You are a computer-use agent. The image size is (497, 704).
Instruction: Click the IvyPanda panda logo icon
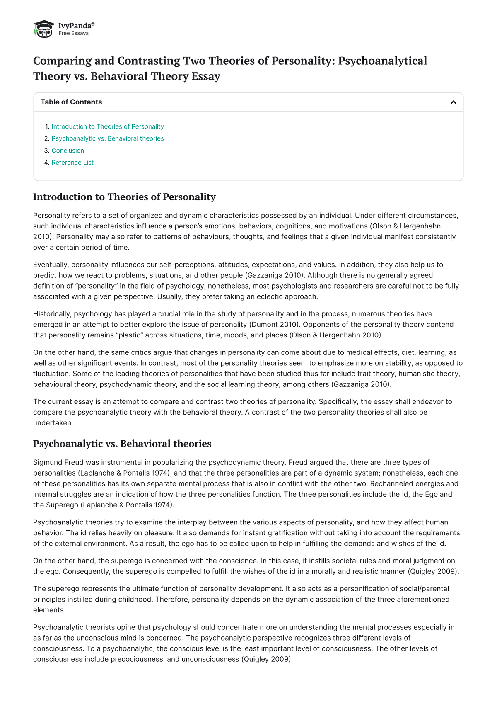coord(44,29)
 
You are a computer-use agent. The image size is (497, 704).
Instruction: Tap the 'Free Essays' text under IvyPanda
coord(73,33)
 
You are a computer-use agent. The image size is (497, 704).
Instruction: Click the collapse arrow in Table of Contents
coord(453,102)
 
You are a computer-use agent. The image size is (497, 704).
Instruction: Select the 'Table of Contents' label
coord(71,102)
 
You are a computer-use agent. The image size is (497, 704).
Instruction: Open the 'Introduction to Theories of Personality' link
coord(108,126)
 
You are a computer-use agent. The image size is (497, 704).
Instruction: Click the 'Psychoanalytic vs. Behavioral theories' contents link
coord(108,138)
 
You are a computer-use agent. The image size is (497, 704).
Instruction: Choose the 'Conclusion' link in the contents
coord(68,151)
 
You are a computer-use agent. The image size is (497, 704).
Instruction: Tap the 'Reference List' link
coord(72,163)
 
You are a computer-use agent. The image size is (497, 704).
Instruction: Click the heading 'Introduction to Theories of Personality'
coord(124,197)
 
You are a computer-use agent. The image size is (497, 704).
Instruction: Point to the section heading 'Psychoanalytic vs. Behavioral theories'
coord(122,444)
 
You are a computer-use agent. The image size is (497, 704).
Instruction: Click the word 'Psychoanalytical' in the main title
coord(382,61)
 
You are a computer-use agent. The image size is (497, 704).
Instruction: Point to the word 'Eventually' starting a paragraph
coord(50,265)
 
